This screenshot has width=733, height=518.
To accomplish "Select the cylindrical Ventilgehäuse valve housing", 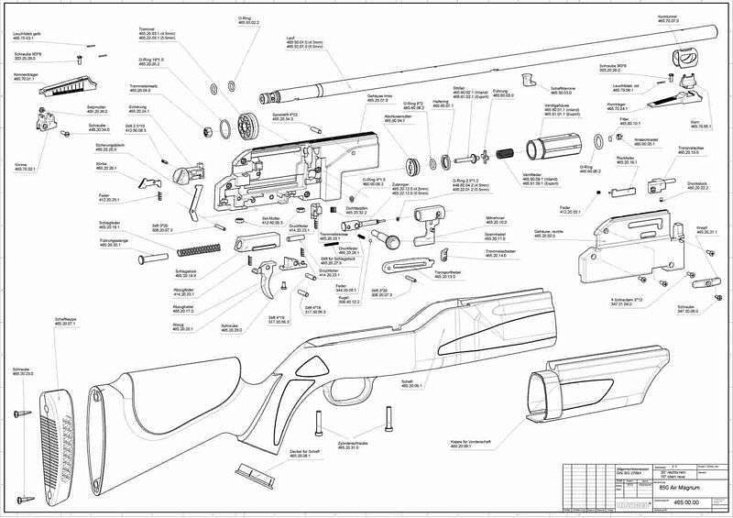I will click(555, 147).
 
